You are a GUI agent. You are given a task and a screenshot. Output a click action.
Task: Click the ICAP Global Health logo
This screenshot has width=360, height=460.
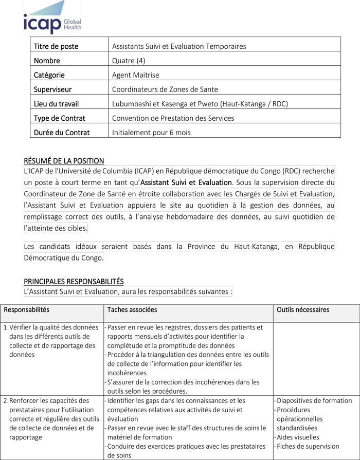52,19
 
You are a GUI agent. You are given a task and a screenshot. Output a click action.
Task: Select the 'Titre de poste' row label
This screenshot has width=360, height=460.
56,46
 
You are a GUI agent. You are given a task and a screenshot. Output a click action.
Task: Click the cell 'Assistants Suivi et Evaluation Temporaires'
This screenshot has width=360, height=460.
179,46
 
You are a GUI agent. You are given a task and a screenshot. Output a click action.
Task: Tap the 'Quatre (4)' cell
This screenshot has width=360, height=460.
129,61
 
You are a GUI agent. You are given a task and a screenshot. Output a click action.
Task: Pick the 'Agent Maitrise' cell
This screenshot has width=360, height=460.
136,75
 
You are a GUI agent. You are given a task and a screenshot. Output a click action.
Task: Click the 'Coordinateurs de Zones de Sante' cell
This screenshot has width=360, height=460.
165,89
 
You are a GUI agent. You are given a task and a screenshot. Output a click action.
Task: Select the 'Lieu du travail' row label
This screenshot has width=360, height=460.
57,104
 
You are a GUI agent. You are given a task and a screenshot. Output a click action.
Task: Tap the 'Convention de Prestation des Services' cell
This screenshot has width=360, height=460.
173,118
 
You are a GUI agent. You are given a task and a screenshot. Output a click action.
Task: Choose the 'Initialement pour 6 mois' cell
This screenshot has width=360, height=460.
151,133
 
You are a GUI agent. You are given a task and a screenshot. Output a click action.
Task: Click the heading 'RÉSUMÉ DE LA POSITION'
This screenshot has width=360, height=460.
64,161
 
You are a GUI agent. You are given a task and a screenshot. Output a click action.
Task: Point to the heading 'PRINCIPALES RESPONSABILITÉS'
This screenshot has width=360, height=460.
74,281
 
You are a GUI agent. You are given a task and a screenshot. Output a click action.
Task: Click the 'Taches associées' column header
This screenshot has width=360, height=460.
132,309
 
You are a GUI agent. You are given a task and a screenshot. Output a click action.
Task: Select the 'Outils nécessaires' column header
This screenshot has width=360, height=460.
303,309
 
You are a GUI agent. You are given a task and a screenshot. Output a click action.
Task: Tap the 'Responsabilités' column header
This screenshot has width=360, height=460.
27,309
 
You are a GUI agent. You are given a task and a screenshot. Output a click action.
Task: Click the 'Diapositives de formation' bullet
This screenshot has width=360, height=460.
314,400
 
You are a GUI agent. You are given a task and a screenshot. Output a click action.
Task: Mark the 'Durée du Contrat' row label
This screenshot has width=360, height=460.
62,133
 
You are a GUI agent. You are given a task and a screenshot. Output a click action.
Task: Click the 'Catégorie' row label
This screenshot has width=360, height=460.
49,75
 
